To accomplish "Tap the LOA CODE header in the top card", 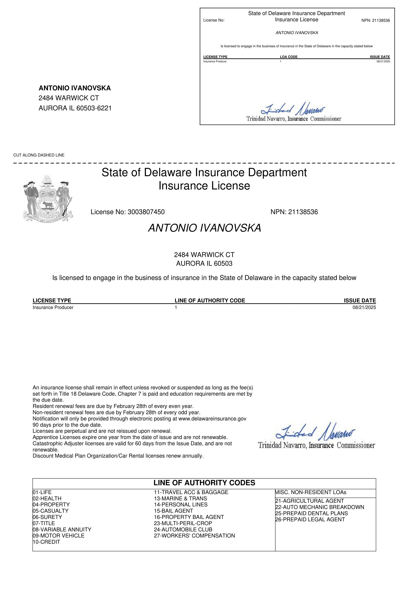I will click(x=289, y=57).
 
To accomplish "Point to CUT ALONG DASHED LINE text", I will click(x=39, y=155).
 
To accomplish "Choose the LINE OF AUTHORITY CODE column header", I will click(x=210, y=300).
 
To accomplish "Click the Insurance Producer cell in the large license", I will click(x=53, y=307).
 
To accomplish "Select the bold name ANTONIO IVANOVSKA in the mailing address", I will click(x=75, y=88).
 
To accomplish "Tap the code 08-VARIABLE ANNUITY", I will click(x=62, y=529).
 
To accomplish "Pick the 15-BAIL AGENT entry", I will click(x=173, y=511).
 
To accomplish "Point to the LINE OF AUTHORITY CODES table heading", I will click(x=204, y=483).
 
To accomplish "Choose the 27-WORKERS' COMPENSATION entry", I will click(x=194, y=536).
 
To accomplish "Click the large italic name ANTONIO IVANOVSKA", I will click(x=204, y=228).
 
